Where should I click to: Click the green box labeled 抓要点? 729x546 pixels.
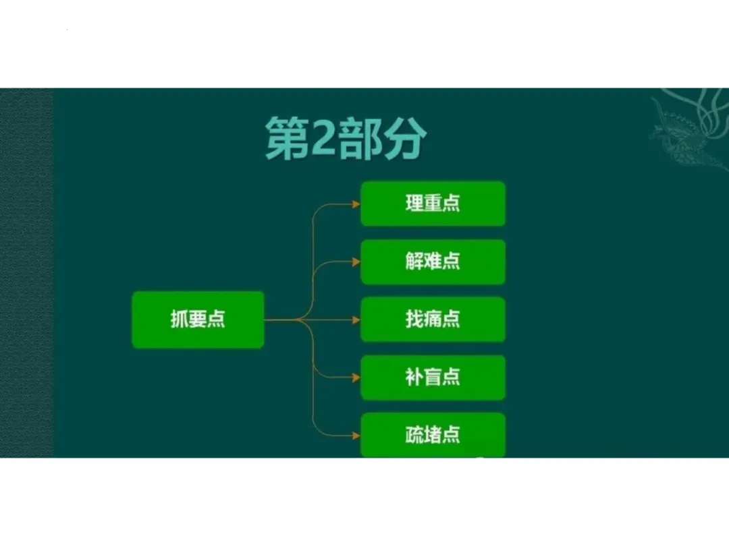[x=197, y=320]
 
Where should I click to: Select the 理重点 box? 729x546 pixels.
[x=433, y=203]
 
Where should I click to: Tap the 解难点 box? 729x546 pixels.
[x=433, y=262]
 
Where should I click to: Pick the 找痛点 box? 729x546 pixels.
[x=433, y=320]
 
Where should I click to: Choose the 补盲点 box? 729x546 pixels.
[x=433, y=377]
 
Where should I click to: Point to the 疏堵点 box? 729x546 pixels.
[x=433, y=435]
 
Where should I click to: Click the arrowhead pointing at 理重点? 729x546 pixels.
[x=356, y=204]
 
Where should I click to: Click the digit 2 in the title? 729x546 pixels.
[x=320, y=139]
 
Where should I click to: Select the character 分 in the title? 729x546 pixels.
[x=403, y=139]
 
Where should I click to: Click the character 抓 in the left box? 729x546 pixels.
[x=179, y=320]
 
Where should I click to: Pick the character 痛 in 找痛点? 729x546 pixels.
[x=433, y=320]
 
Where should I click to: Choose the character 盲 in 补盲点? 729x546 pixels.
[x=433, y=377]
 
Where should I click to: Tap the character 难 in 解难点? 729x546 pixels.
[x=433, y=262]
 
